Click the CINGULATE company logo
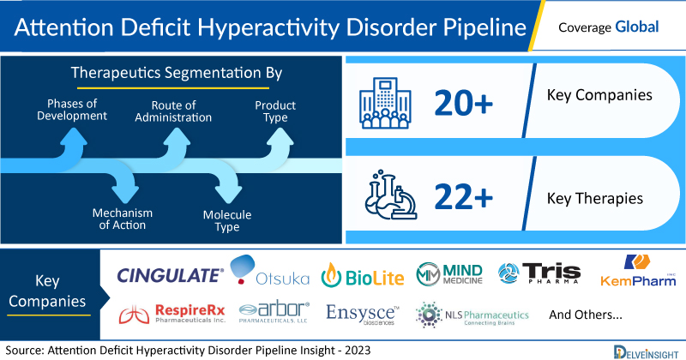coord(170,276)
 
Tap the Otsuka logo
coord(269,271)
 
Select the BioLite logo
coord(363,276)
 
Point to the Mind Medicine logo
coord(449,274)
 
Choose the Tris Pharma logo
coord(539,273)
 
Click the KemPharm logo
coord(638,270)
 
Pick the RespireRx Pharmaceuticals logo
coord(172,314)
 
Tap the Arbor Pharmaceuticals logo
coord(274,312)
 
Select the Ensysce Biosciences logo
coord(363,315)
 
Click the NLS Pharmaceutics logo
coord(472,315)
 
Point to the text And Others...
coord(586,315)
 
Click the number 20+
coord(463,103)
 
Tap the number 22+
coord(463,196)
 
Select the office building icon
coord(385,103)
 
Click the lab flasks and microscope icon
coord(391,195)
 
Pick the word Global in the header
coord(636,27)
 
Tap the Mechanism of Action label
coord(123,219)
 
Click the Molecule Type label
coord(227,220)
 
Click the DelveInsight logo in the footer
coord(646,352)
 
